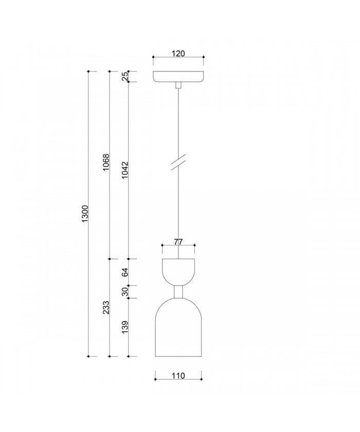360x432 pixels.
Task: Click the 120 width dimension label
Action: (178, 53)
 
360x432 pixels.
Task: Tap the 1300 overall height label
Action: (85, 213)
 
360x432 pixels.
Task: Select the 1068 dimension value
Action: (106, 163)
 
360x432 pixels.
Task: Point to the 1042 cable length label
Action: (125, 170)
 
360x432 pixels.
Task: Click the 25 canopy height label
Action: (125, 76)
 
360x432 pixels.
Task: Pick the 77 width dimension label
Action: (178, 242)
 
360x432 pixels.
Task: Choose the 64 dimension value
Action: (125, 272)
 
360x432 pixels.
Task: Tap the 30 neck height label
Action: (125, 292)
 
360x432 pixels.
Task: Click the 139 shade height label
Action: (125, 327)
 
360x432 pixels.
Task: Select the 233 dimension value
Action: (106, 308)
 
